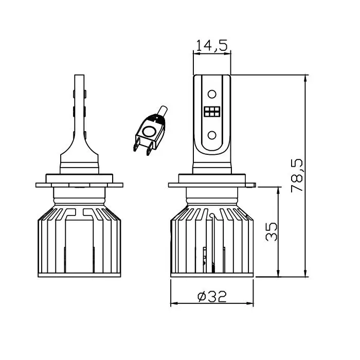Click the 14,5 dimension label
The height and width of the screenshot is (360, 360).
click(x=212, y=45)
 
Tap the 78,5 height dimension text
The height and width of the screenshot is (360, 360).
click(x=297, y=175)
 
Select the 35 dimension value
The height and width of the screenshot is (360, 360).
click(x=271, y=231)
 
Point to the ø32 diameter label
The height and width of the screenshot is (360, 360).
click(x=212, y=296)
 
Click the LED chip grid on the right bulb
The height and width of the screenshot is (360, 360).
click(x=212, y=112)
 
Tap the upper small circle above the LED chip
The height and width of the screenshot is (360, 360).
click(x=212, y=94)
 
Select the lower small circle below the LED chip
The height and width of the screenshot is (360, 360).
click(x=212, y=135)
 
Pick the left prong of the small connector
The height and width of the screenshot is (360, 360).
click(x=136, y=144)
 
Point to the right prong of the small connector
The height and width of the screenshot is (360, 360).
click(x=150, y=148)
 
